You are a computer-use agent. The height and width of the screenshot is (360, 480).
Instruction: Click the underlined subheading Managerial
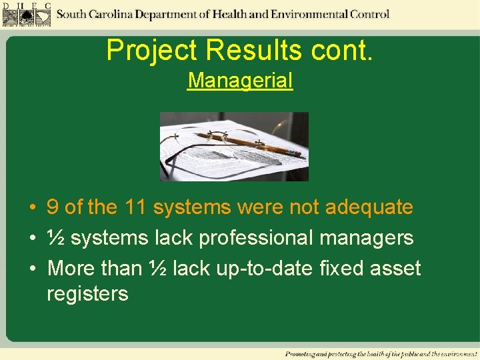click(x=240, y=81)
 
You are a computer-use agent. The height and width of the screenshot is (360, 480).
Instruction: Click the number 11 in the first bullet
click(x=135, y=207)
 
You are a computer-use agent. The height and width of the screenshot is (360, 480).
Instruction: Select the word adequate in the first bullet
click(x=369, y=207)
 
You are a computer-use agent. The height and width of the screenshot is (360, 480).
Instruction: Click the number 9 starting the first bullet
click(x=52, y=207)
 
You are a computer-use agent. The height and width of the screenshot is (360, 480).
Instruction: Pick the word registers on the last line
click(x=87, y=294)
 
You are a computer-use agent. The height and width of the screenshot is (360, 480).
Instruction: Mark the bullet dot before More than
click(x=32, y=269)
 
